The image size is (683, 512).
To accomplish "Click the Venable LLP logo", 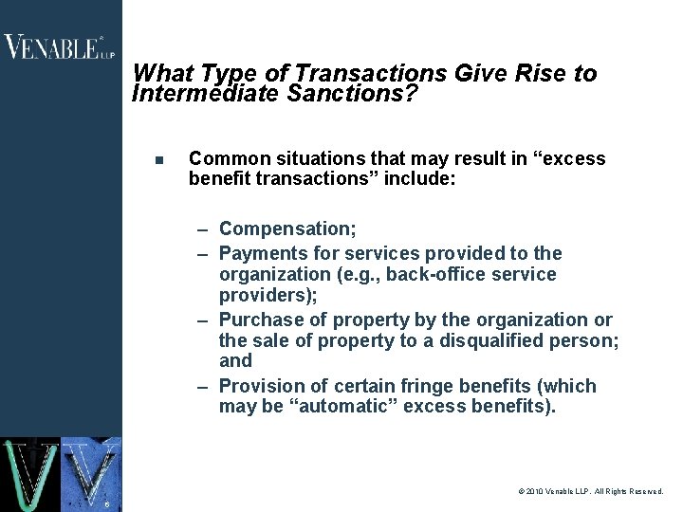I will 60,46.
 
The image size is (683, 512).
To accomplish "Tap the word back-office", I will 440,275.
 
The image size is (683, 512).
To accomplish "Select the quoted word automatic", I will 311,407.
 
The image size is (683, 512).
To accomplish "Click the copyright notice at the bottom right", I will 591,492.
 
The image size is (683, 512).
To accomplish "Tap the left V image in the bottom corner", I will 29,474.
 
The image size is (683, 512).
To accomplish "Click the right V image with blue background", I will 92,474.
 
